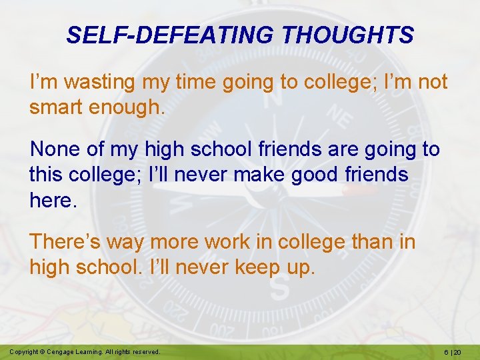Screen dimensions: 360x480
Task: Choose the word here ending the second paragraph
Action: coord(53,200)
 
